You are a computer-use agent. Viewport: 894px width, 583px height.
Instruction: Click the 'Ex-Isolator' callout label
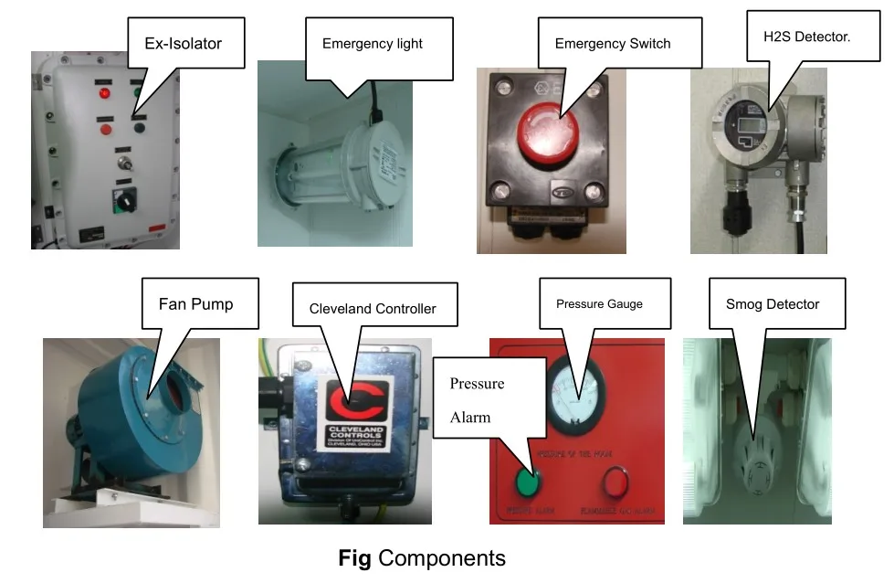pyautogui.click(x=184, y=43)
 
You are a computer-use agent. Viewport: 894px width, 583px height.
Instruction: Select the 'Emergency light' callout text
pyautogui.click(x=373, y=43)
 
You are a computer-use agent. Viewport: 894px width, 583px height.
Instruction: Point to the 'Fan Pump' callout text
pyautogui.click(x=195, y=303)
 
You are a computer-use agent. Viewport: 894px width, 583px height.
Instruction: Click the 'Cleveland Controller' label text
pyautogui.click(x=372, y=308)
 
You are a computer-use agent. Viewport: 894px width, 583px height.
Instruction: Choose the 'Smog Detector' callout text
pyautogui.click(x=773, y=303)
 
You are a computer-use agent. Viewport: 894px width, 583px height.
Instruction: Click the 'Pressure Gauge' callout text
pyautogui.click(x=599, y=303)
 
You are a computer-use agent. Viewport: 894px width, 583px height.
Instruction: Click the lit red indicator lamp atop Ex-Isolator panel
pyautogui.click(x=105, y=92)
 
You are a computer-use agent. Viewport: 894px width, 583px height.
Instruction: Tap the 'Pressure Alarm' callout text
pyautogui.click(x=476, y=399)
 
